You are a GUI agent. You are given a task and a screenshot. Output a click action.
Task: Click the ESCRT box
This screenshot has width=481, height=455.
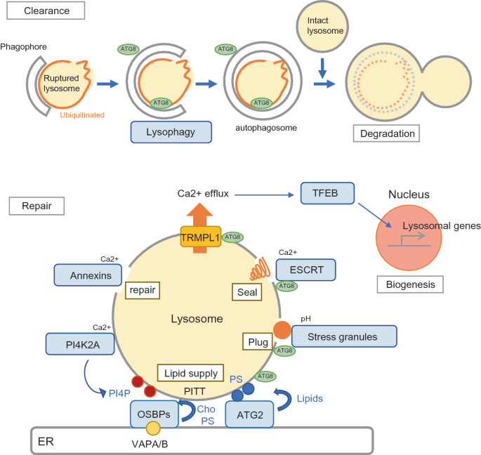[x=305, y=270]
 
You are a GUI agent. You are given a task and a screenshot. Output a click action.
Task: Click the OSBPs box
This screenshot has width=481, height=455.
[x=156, y=414]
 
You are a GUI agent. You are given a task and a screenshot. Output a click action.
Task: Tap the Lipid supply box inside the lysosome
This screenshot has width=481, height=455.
[x=192, y=374]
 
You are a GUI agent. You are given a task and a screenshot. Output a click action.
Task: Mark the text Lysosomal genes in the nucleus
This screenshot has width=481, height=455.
[x=441, y=226]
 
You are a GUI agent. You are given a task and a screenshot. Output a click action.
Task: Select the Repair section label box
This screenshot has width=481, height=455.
[x=37, y=206]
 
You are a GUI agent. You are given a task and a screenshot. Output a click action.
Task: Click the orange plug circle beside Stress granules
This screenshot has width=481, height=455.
[x=282, y=329]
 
